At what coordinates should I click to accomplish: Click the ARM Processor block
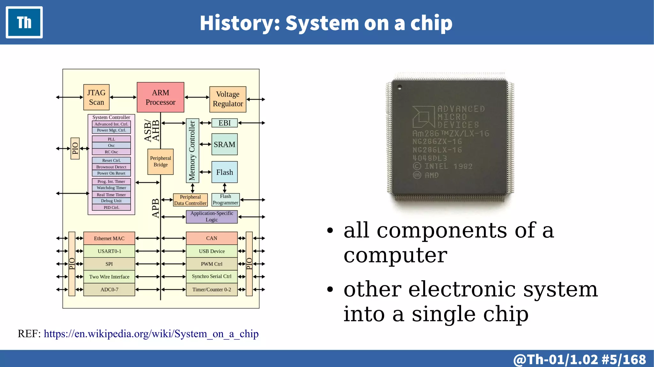click(x=160, y=97)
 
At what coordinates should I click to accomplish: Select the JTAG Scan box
click(x=96, y=97)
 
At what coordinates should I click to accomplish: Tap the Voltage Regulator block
click(x=228, y=99)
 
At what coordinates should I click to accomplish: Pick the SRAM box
click(x=224, y=145)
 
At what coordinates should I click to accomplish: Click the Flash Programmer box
click(x=225, y=199)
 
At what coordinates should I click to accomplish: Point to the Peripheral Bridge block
click(x=160, y=161)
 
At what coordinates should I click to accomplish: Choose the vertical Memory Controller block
click(x=192, y=151)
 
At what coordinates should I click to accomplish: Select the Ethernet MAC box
click(x=109, y=238)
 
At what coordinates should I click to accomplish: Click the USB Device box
click(x=212, y=251)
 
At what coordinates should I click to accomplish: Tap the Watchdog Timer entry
click(x=111, y=188)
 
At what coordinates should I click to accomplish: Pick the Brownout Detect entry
click(x=111, y=167)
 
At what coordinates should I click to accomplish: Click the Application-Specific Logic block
click(x=212, y=217)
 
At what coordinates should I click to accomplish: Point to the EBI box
click(x=224, y=123)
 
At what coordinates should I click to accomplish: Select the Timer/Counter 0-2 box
click(x=212, y=289)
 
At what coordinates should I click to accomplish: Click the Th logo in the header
click(x=24, y=22)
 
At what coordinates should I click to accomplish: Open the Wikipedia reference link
click(x=151, y=334)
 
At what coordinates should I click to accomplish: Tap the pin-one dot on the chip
click(x=399, y=87)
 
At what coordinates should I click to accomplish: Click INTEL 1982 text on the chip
click(x=448, y=166)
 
